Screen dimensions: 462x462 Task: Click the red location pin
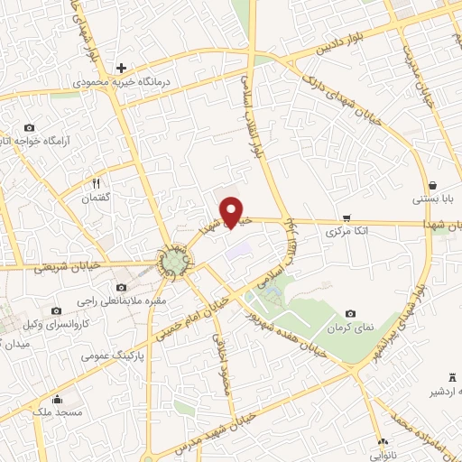[x=234, y=211]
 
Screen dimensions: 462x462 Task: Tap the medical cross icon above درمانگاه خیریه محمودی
[x=121, y=69]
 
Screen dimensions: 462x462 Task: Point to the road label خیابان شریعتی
[x=64, y=267]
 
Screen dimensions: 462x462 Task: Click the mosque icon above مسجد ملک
[x=58, y=400]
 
